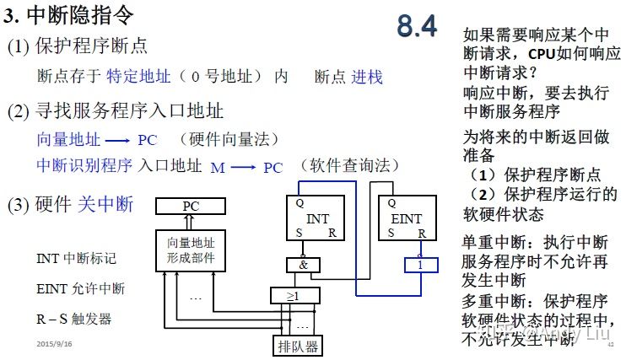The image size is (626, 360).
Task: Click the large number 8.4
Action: coord(417,27)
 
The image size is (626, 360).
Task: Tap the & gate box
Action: coord(303,265)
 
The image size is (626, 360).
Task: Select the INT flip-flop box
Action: coord(316,218)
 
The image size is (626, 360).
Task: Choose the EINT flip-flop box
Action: coord(407,218)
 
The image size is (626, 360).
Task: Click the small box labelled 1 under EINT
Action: coord(419,266)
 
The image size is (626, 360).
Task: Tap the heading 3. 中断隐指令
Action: coord(68,15)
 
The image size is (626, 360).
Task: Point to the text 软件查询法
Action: coord(354,165)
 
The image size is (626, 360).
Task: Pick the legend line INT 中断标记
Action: coord(77,258)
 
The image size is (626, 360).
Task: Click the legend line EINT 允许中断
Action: coord(81,289)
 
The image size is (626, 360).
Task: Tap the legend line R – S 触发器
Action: coord(74,319)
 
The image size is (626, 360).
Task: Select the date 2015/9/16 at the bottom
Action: coord(54,345)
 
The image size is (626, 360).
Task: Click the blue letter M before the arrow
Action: coord(218,167)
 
